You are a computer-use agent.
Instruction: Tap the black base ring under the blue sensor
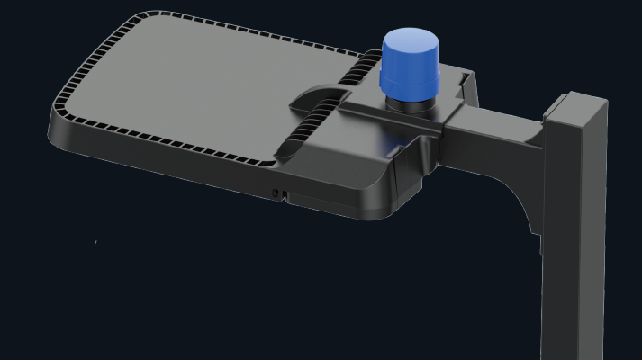tap(410, 102)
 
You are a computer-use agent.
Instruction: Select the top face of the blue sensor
tap(410, 39)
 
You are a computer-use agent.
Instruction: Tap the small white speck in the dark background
tap(96, 241)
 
